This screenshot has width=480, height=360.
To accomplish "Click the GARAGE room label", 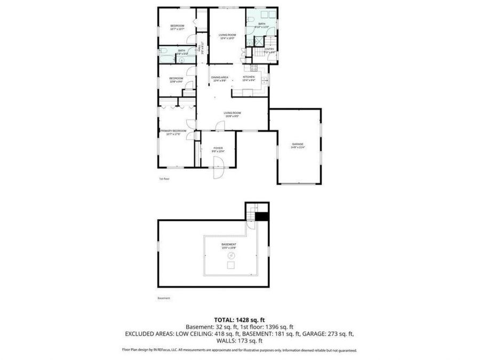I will click(297, 144).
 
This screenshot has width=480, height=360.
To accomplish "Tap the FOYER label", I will click(218, 148).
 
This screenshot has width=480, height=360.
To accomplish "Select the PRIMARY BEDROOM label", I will click(173, 131).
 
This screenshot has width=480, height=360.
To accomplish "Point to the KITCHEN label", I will click(249, 77).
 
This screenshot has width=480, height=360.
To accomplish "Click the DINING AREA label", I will click(220, 78).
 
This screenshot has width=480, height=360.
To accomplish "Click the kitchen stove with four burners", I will click(253, 67).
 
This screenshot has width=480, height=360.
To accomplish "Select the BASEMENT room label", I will click(229, 244).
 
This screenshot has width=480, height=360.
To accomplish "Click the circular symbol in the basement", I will click(230, 255).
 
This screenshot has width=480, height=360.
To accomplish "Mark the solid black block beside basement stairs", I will click(261, 216).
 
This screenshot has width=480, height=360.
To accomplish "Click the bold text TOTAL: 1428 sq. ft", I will click(239, 319).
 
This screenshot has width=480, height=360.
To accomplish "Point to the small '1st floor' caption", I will click(164, 179).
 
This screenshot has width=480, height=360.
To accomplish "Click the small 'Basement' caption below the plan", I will click(164, 298).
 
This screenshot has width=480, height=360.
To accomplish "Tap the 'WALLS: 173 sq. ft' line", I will click(239, 340).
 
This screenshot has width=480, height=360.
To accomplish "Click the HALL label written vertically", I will click(199, 48).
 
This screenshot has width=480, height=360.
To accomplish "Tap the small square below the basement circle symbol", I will click(230, 266).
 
